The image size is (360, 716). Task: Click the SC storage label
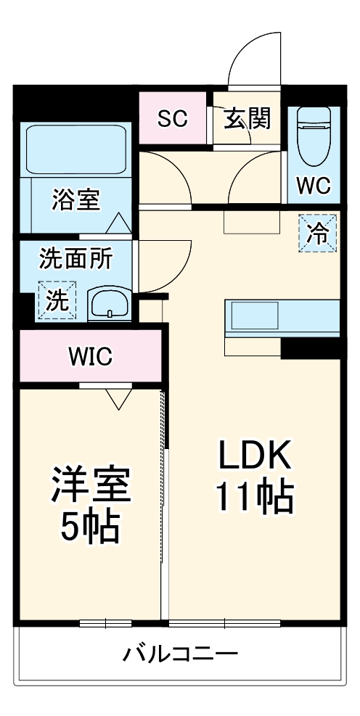pos(173,119)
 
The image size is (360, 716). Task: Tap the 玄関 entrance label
pos(247,118)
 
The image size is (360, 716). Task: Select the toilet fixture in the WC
pos(314,136)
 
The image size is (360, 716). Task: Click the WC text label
pos(314,186)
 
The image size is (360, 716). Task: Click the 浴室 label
pos(75,200)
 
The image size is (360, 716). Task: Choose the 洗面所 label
pos(75,260)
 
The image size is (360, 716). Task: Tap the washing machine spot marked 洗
pos(57,300)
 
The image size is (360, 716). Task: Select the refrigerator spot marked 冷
pos(317,233)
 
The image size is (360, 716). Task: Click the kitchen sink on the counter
pos(255,315)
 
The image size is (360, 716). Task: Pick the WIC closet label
pos(91,357)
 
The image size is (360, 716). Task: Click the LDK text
pos(255,454)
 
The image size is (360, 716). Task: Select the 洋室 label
pos(91,485)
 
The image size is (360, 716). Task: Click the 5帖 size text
pos(91,528)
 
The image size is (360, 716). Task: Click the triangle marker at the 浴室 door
pos(118,223)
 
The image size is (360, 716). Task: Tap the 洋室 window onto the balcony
pos(105,623)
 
